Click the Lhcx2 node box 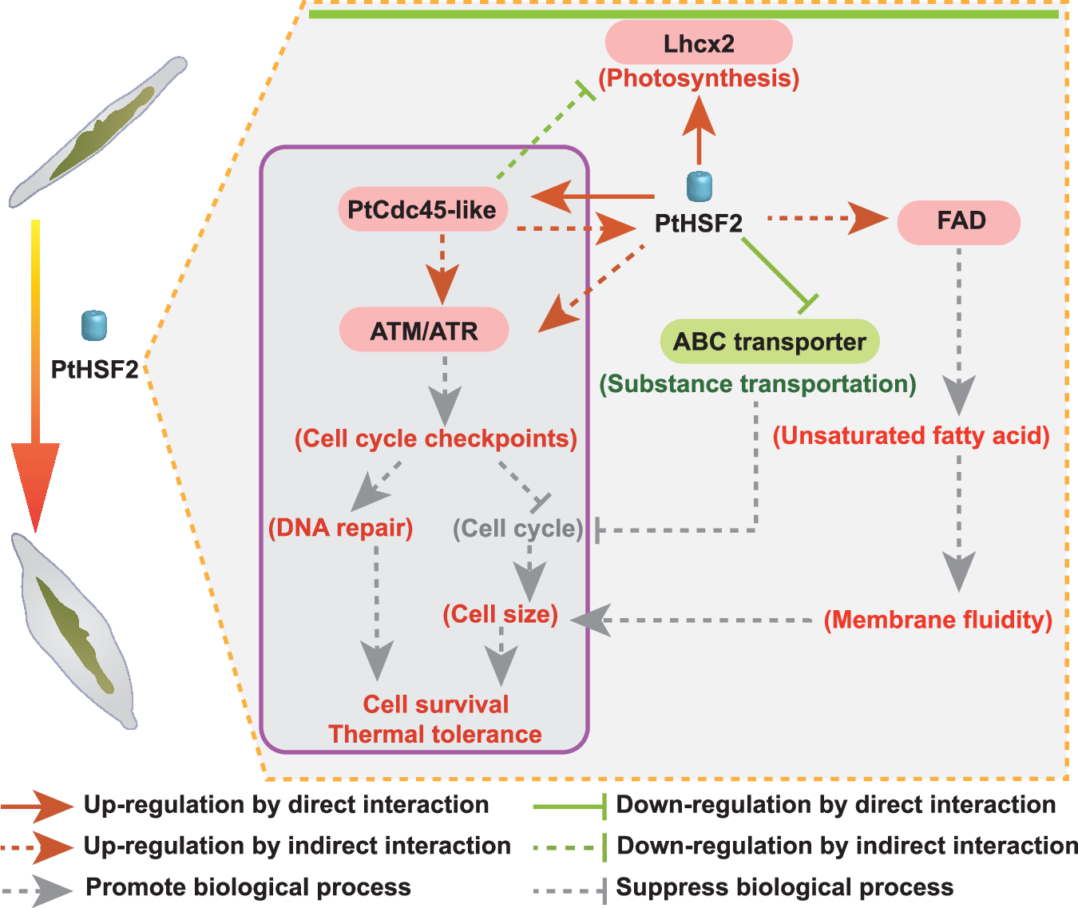pyautogui.click(x=699, y=43)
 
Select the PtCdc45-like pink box pyautogui.click(x=422, y=210)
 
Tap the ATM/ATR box pyautogui.click(x=424, y=330)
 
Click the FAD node pyautogui.click(x=959, y=221)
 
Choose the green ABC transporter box pyautogui.click(x=770, y=342)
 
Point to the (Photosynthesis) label pyautogui.click(x=699, y=78)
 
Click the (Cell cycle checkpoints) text pyautogui.click(x=436, y=438)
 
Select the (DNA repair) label pyautogui.click(x=341, y=528)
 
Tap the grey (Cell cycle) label pyautogui.click(x=517, y=528)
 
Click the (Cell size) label pyautogui.click(x=501, y=614)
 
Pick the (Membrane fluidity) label pyautogui.click(x=938, y=620)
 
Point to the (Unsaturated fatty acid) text pyautogui.click(x=911, y=436)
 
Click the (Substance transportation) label pyautogui.click(x=758, y=384)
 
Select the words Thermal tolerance pyautogui.click(x=435, y=734)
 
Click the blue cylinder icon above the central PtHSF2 pyautogui.click(x=700, y=187)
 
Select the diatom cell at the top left pyautogui.click(x=100, y=132)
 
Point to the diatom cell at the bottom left pyautogui.click(x=76, y=631)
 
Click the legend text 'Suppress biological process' pyautogui.click(x=785, y=887)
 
